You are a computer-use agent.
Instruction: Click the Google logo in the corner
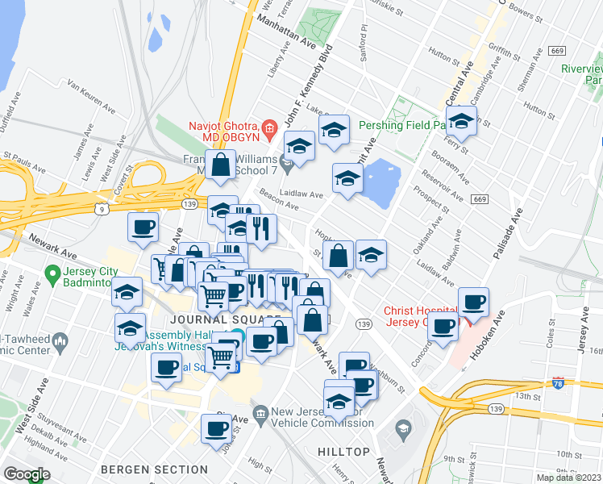[26, 474]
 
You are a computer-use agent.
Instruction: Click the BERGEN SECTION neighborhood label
[154, 469]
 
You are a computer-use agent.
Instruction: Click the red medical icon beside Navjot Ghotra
[270, 127]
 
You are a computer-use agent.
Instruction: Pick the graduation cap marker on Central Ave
[461, 122]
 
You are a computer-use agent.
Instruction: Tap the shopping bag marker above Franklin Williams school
[220, 165]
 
